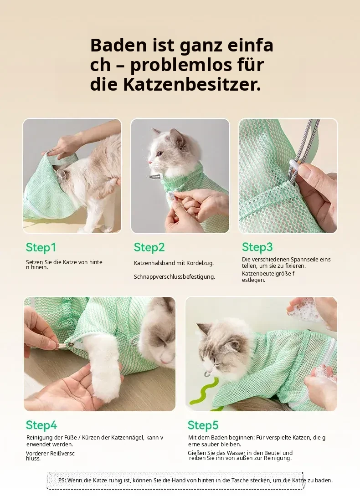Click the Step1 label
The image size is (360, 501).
41,247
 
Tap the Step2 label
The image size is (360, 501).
149,247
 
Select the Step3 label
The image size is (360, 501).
257,247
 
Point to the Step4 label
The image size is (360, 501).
41,425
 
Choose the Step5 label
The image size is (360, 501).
203,425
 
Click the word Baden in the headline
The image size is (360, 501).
118,46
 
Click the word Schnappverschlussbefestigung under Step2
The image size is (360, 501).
175,277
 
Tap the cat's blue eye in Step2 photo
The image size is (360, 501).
159,153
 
